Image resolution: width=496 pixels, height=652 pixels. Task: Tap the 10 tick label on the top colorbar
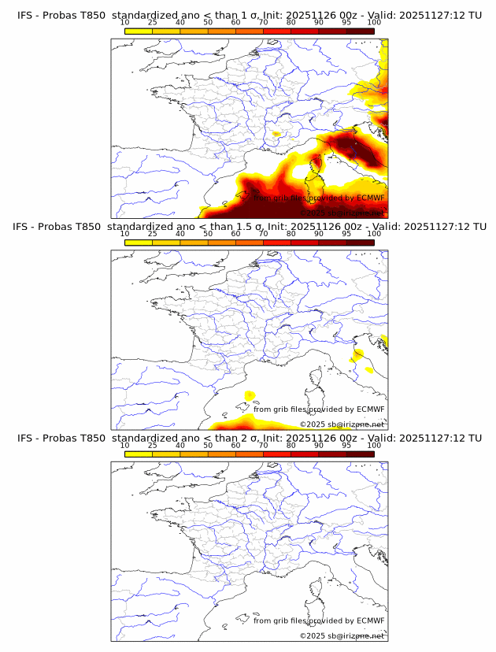pos(125,22)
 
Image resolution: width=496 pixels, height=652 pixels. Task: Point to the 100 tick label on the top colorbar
pos(374,22)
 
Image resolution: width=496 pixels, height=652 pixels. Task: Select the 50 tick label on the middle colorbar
pos(208,234)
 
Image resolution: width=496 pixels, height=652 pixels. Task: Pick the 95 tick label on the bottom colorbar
pos(346,445)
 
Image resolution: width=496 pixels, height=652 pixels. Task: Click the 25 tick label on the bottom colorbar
pos(153,445)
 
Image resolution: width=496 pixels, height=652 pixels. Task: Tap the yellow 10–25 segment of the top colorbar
pos(139,31)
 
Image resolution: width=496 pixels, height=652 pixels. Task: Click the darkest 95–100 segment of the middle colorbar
pos(360,243)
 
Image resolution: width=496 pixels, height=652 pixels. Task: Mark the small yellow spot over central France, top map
pos(276,134)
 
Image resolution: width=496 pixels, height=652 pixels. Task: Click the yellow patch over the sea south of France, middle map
pos(250,395)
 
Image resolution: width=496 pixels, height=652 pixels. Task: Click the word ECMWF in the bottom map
pos(370,621)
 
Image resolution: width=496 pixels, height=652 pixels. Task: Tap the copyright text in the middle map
pos(342,424)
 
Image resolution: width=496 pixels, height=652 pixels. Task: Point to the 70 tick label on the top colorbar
pos(263,22)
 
